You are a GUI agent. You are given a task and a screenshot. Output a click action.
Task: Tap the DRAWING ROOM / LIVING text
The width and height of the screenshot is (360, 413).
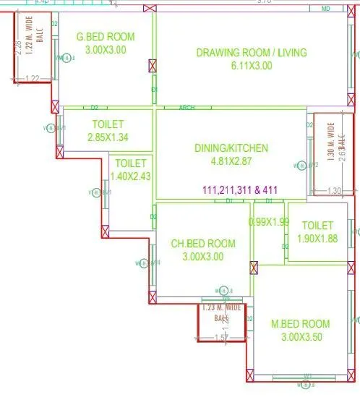[252, 52]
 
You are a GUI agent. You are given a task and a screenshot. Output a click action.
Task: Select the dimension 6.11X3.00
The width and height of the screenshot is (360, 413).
[252, 65]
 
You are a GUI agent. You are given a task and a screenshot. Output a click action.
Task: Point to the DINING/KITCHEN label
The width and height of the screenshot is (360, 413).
[231, 148]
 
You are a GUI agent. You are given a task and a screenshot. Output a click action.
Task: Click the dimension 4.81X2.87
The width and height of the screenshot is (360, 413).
[231, 162]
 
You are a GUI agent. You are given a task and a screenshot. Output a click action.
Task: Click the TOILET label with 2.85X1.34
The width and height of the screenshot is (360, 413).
[107, 124]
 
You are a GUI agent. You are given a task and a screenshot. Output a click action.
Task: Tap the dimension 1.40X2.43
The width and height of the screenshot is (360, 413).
[130, 176]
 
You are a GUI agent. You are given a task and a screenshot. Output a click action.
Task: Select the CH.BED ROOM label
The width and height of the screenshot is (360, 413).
[202, 243]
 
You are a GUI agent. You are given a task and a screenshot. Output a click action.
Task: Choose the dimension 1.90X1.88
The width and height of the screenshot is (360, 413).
[317, 239]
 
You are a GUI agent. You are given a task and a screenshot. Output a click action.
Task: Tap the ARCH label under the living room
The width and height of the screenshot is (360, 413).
[187, 107]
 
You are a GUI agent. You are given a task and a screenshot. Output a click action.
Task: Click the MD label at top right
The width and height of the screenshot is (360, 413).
[327, 9]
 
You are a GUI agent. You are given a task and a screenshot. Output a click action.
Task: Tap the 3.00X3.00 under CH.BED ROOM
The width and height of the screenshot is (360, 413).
[202, 256]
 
